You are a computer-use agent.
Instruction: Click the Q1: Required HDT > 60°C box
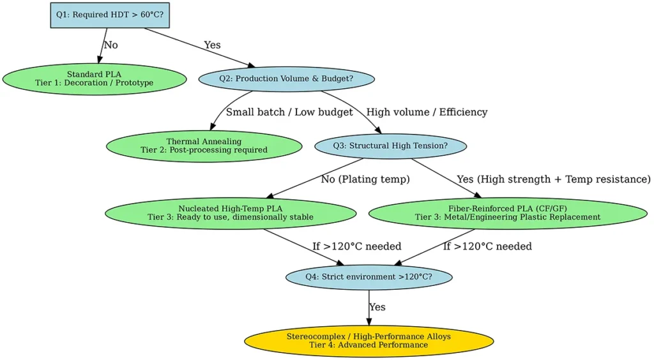coord(109,15)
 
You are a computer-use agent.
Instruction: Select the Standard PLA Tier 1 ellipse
coord(94,79)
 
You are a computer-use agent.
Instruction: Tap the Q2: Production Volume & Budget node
coord(286,79)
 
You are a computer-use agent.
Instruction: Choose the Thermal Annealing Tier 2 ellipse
coord(203,146)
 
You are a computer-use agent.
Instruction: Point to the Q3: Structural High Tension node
coord(390,146)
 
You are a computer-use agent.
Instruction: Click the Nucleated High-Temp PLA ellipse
coord(230,213)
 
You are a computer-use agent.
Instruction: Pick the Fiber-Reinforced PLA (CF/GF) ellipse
coord(508,213)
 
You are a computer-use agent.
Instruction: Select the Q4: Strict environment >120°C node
coord(369,277)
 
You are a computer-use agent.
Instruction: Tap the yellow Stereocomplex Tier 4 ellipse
coord(369,340)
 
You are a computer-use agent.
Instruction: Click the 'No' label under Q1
coord(110,45)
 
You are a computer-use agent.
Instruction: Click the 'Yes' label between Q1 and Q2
coord(213,45)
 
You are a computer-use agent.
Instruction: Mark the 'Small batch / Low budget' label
coord(289,112)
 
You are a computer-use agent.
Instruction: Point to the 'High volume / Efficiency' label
coord(427,112)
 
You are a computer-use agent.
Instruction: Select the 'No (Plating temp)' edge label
coord(365,179)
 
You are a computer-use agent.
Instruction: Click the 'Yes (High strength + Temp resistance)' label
coord(553,179)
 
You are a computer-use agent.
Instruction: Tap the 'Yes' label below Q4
coord(377,307)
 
